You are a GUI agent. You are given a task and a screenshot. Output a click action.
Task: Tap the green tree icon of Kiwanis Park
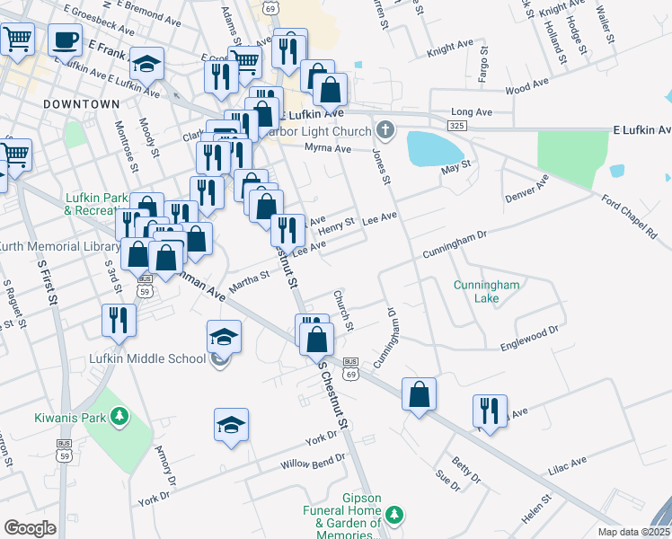tap(117, 417)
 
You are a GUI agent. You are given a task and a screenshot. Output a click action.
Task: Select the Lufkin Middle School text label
tap(142, 359)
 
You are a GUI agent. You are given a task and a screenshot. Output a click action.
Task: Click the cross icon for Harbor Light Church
tap(385, 132)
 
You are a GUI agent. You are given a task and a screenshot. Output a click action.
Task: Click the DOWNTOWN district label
tap(81, 104)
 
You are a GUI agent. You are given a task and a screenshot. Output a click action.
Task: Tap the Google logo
tap(30, 528)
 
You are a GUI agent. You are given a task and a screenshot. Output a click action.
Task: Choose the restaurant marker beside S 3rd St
tap(118, 322)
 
